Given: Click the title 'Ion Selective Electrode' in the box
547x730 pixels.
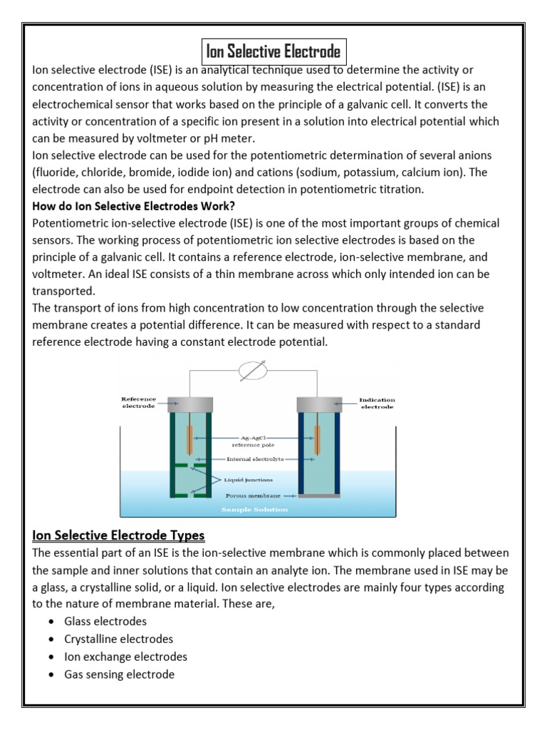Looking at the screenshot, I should (x=273, y=52).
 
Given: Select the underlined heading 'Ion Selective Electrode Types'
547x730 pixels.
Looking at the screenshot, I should (x=118, y=535).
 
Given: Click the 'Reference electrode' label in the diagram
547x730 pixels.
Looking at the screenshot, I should (x=138, y=403).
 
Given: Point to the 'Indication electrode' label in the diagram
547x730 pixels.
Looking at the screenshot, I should (x=377, y=403).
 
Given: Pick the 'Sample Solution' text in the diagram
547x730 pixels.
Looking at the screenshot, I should (x=255, y=510).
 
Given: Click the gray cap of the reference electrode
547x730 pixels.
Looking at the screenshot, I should (x=191, y=404).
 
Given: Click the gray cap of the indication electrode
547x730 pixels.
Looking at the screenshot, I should (x=318, y=404).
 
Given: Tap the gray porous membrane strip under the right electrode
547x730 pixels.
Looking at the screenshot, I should (x=318, y=495).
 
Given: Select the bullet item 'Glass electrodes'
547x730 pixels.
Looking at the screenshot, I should (x=105, y=622).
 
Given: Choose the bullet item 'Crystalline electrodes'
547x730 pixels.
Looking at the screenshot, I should (x=118, y=639).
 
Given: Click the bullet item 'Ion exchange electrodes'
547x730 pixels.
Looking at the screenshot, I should (x=125, y=657).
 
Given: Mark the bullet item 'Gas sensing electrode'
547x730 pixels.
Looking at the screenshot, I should (x=119, y=674).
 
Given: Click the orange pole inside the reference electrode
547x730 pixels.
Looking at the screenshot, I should (x=189, y=440).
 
